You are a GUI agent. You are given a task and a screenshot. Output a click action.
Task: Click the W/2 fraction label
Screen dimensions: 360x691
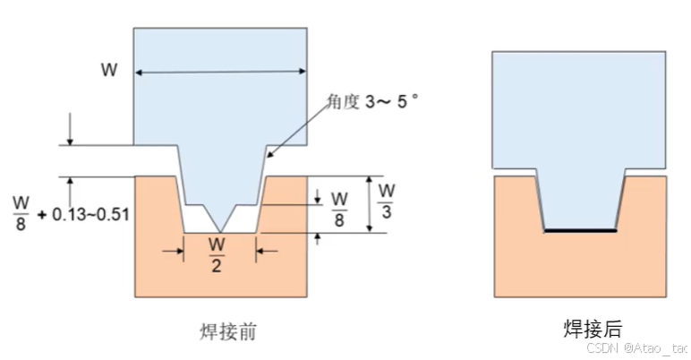pyautogui.click(x=218, y=250)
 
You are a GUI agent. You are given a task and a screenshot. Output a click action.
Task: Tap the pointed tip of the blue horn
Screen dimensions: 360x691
pyautogui.click(x=219, y=230)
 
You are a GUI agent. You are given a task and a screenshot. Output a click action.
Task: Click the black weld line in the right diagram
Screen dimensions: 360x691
pyautogui.click(x=580, y=231)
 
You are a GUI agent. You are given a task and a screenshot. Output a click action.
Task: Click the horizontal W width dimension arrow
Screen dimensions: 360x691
pyautogui.click(x=220, y=73)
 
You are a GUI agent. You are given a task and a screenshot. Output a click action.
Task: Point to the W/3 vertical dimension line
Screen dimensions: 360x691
pyautogui.click(x=368, y=204)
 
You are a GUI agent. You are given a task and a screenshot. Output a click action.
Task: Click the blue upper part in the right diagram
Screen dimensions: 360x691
pyautogui.click(x=579, y=107)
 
